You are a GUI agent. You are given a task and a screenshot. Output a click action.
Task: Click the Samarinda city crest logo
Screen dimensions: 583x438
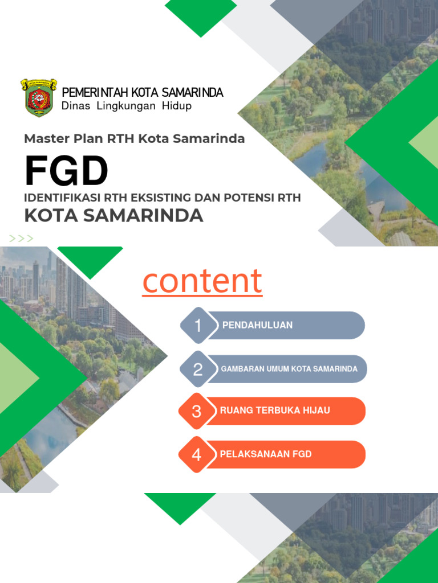[x=39, y=98]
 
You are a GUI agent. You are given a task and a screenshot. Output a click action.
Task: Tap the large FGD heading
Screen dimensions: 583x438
[x=66, y=171]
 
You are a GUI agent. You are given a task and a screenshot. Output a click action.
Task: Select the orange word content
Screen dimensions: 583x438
[x=202, y=281]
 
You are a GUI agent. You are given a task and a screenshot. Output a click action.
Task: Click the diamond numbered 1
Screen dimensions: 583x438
[x=197, y=326]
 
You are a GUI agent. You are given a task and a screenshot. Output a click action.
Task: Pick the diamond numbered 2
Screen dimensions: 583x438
[x=197, y=369]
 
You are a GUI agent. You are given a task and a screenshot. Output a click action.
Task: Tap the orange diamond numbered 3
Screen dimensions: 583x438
[x=196, y=411]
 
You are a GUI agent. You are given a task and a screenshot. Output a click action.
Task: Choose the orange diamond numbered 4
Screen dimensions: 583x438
[x=196, y=454]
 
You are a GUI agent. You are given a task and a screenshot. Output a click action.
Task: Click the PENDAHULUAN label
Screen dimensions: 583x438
[x=257, y=325]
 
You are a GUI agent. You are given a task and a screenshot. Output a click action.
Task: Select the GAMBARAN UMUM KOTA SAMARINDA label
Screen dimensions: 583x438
[x=289, y=369]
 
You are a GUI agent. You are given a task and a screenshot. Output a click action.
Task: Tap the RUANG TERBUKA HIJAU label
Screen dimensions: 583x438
[x=275, y=410]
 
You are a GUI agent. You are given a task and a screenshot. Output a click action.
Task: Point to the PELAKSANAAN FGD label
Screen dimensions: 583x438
[x=266, y=454]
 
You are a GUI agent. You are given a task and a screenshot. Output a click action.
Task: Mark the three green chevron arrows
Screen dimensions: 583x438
[x=21, y=239]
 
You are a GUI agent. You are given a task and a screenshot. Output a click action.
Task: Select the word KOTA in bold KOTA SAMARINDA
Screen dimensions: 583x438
[x=50, y=216]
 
